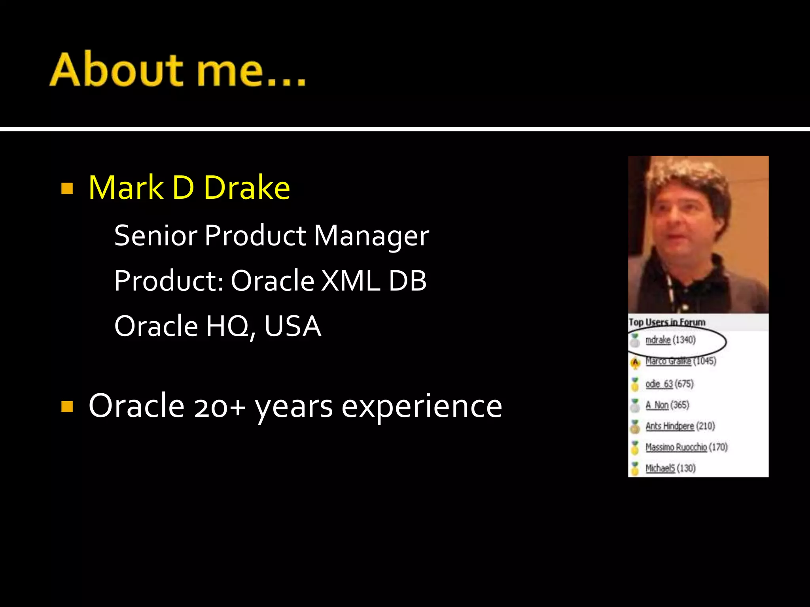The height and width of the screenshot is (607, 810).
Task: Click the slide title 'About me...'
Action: tap(178, 70)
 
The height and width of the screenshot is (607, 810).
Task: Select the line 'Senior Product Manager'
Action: tap(271, 236)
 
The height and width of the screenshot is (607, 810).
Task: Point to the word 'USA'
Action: tap(292, 326)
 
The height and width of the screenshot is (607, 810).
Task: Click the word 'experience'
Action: tap(422, 407)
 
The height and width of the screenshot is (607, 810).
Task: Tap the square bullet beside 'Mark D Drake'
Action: tap(67, 189)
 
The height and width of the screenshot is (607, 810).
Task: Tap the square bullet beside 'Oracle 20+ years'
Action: tap(67, 406)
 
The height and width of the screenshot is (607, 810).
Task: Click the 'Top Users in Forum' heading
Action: tap(667, 322)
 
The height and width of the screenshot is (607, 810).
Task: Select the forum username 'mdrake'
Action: tap(658, 340)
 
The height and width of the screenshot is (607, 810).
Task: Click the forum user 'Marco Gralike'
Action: tap(668, 361)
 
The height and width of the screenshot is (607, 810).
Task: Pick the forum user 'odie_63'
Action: tap(659, 384)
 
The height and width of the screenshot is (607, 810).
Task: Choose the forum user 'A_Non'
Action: tap(657, 405)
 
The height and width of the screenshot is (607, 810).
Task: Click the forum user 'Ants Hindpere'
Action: tap(669, 426)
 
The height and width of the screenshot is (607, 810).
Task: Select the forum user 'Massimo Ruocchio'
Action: tap(676, 447)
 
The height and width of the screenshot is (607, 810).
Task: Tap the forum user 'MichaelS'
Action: tap(660, 468)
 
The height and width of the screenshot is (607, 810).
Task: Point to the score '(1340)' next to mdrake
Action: tap(684, 340)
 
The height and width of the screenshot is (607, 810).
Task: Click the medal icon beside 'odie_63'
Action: tap(635, 384)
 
